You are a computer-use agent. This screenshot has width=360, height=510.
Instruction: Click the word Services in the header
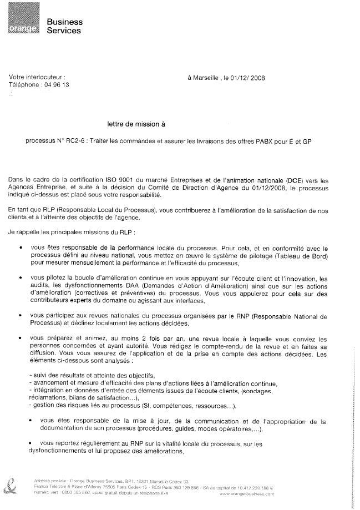(x=64, y=31)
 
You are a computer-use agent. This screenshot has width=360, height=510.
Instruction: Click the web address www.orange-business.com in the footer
(x=247, y=493)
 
